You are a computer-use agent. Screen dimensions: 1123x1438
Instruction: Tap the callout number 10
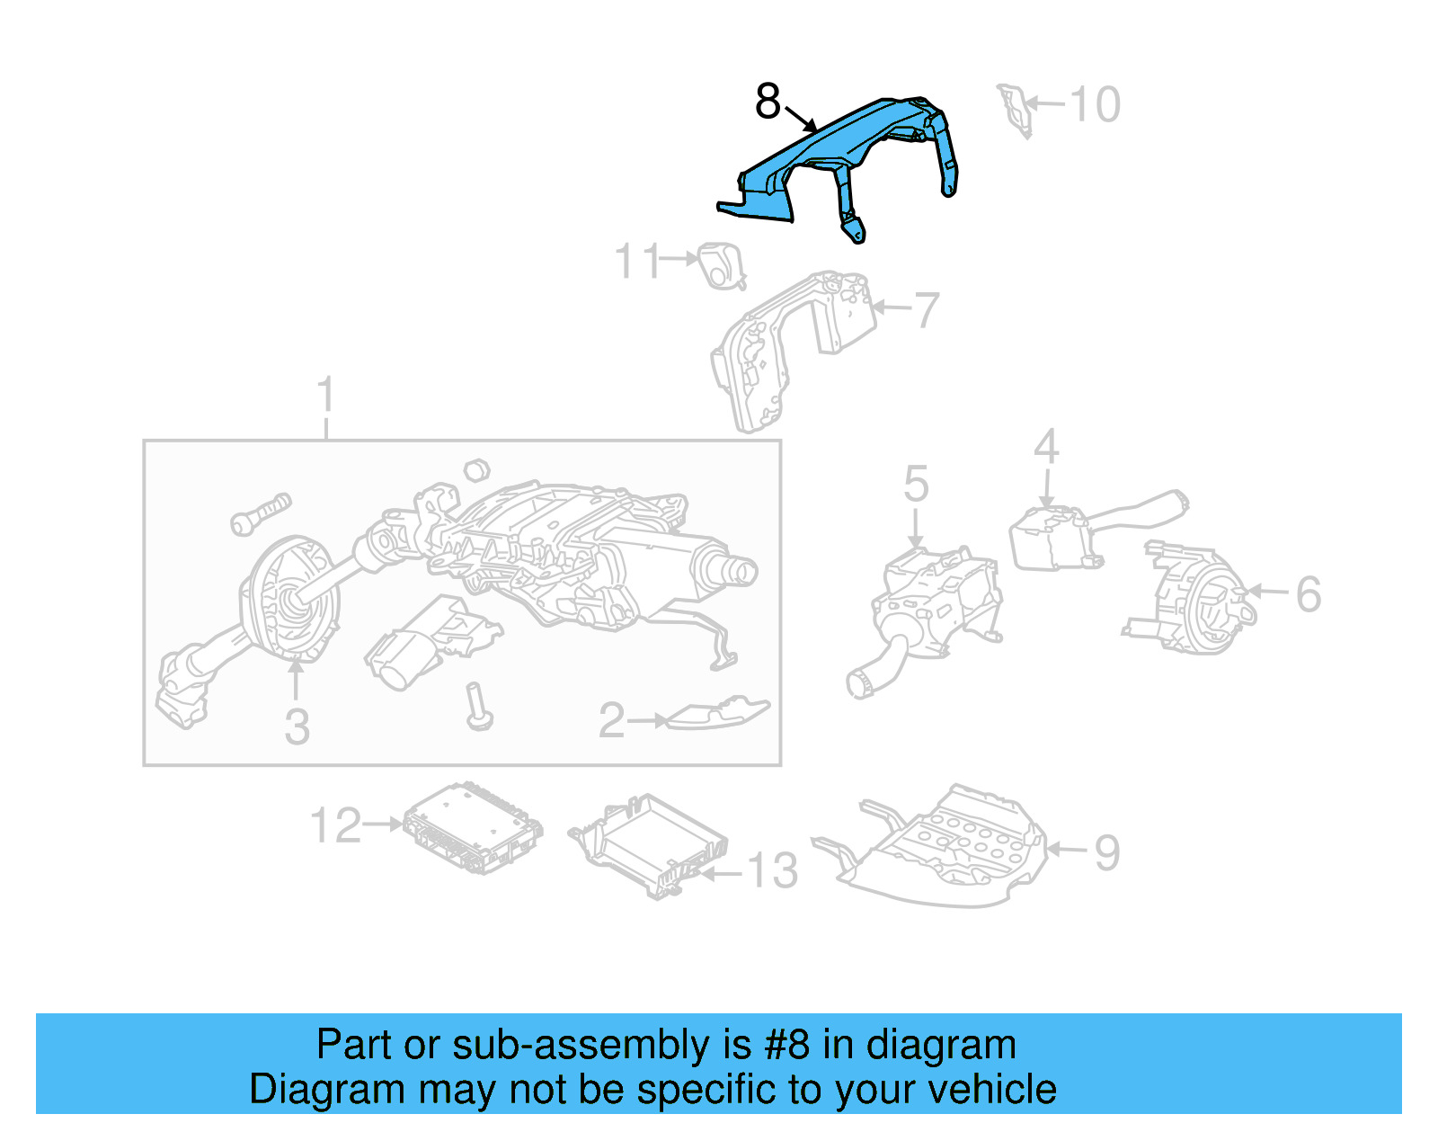(x=1096, y=104)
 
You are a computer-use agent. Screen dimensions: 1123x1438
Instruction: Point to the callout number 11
(x=637, y=262)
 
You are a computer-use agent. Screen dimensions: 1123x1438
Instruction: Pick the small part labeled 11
(x=722, y=265)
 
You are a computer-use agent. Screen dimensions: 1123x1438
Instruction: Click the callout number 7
(x=927, y=310)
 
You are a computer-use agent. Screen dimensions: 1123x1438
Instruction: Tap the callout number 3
(x=297, y=726)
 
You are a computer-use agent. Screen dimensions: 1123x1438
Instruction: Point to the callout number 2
(x=611, y=720)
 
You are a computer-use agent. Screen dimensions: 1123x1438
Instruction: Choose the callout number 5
(x=916, y=484)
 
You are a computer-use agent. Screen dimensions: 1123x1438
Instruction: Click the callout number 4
(x=1046, y=447)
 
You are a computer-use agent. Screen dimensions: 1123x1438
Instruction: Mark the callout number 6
(x=1309, y=594)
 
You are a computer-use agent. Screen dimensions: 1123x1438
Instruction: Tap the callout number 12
(x=335, y=825)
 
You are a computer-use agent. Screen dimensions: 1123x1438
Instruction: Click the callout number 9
(x=1107, y=852)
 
